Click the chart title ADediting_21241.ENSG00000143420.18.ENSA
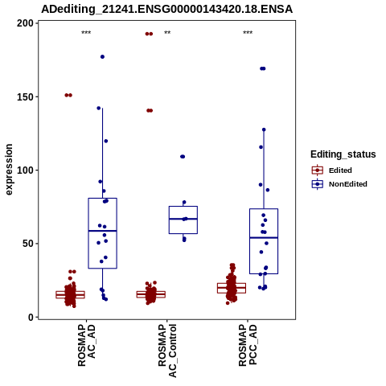166,9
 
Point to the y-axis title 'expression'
9,170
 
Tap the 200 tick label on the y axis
25,23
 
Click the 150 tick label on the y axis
25,96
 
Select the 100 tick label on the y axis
25,170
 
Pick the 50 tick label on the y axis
28,244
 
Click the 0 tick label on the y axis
31,317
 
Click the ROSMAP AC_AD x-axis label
86,345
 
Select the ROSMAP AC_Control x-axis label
167,351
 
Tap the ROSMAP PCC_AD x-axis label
248,345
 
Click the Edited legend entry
332,170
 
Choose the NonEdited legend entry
339,184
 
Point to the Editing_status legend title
343,154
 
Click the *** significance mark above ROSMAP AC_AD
86,33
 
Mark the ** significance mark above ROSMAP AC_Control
167,33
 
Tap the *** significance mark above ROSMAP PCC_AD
248,33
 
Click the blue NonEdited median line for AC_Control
183,219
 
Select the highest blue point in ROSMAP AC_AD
102,57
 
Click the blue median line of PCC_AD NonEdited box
264,238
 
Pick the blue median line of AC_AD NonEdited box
103,231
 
